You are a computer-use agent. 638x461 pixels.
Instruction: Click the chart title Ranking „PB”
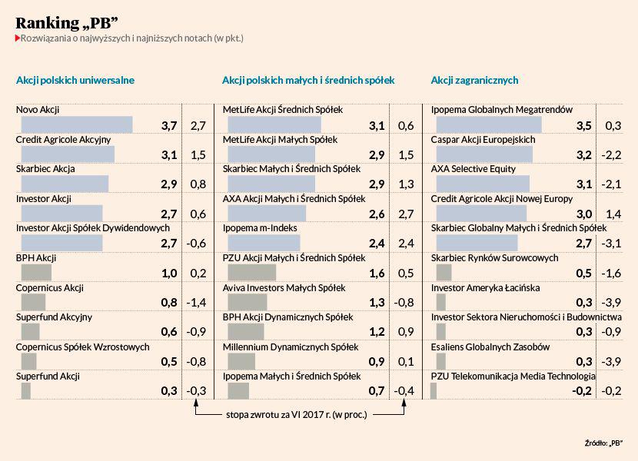66,22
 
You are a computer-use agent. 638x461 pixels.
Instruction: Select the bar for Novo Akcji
77,124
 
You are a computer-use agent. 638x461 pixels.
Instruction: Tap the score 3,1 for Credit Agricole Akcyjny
169,154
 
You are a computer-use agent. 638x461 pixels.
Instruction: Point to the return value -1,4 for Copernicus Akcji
197,303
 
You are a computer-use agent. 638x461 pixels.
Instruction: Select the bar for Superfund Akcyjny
31,332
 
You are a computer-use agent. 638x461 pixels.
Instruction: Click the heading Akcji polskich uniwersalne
75,80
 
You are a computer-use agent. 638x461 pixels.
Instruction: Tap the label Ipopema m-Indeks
260,228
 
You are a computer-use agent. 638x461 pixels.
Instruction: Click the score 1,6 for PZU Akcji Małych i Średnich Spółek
377,273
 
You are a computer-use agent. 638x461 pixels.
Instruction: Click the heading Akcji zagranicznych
474,80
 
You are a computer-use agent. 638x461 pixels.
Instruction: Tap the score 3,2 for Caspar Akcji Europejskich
584,154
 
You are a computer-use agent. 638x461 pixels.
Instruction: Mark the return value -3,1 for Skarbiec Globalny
613,244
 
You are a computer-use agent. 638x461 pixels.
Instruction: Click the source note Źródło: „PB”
603,443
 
